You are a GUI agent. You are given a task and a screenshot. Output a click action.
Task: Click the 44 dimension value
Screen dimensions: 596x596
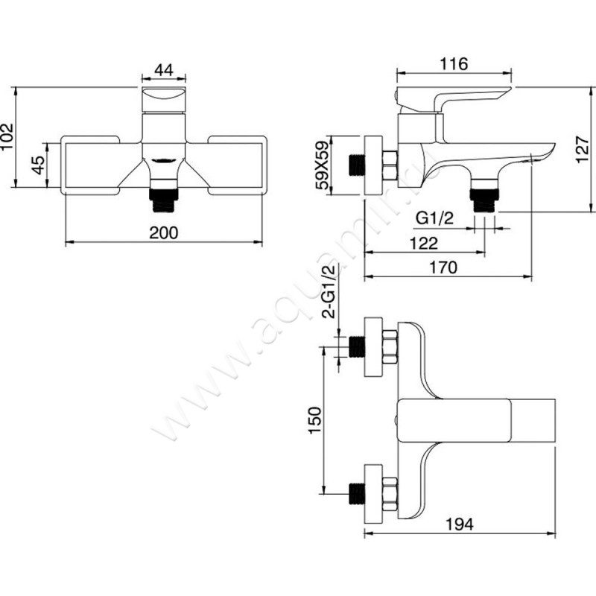point(164,69)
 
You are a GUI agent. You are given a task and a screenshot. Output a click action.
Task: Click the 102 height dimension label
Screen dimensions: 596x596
point(7,137)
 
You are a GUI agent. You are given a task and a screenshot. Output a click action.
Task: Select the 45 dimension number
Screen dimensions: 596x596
point(38,165)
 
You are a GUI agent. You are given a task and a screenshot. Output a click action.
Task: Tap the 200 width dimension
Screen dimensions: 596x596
point(163,232)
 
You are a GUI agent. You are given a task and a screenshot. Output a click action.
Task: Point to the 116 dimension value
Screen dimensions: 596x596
point(454,64)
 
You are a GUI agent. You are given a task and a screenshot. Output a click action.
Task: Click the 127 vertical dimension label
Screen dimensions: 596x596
point(583,150)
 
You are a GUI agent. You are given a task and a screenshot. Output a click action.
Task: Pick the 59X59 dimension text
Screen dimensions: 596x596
point(323,165)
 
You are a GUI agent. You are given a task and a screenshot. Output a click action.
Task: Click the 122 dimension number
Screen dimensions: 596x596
point(424,243)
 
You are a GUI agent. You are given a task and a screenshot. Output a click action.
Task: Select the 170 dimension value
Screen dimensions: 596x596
point(443,267)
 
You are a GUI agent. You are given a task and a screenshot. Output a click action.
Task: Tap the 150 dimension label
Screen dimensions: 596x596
point(315,420)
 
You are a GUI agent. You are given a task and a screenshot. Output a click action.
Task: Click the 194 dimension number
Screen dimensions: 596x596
point(460,524)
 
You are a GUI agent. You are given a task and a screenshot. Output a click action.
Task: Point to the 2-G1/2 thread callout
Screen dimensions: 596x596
point(329,291)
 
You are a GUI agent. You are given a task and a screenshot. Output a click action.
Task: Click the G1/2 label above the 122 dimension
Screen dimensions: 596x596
point(434,218)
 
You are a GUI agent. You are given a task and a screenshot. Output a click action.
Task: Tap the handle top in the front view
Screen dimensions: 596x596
point(164,100)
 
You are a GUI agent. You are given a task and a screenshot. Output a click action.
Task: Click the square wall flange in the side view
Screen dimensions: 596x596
point(374,165)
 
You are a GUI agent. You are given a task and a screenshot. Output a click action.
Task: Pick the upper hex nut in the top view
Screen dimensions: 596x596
point(390,346)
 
